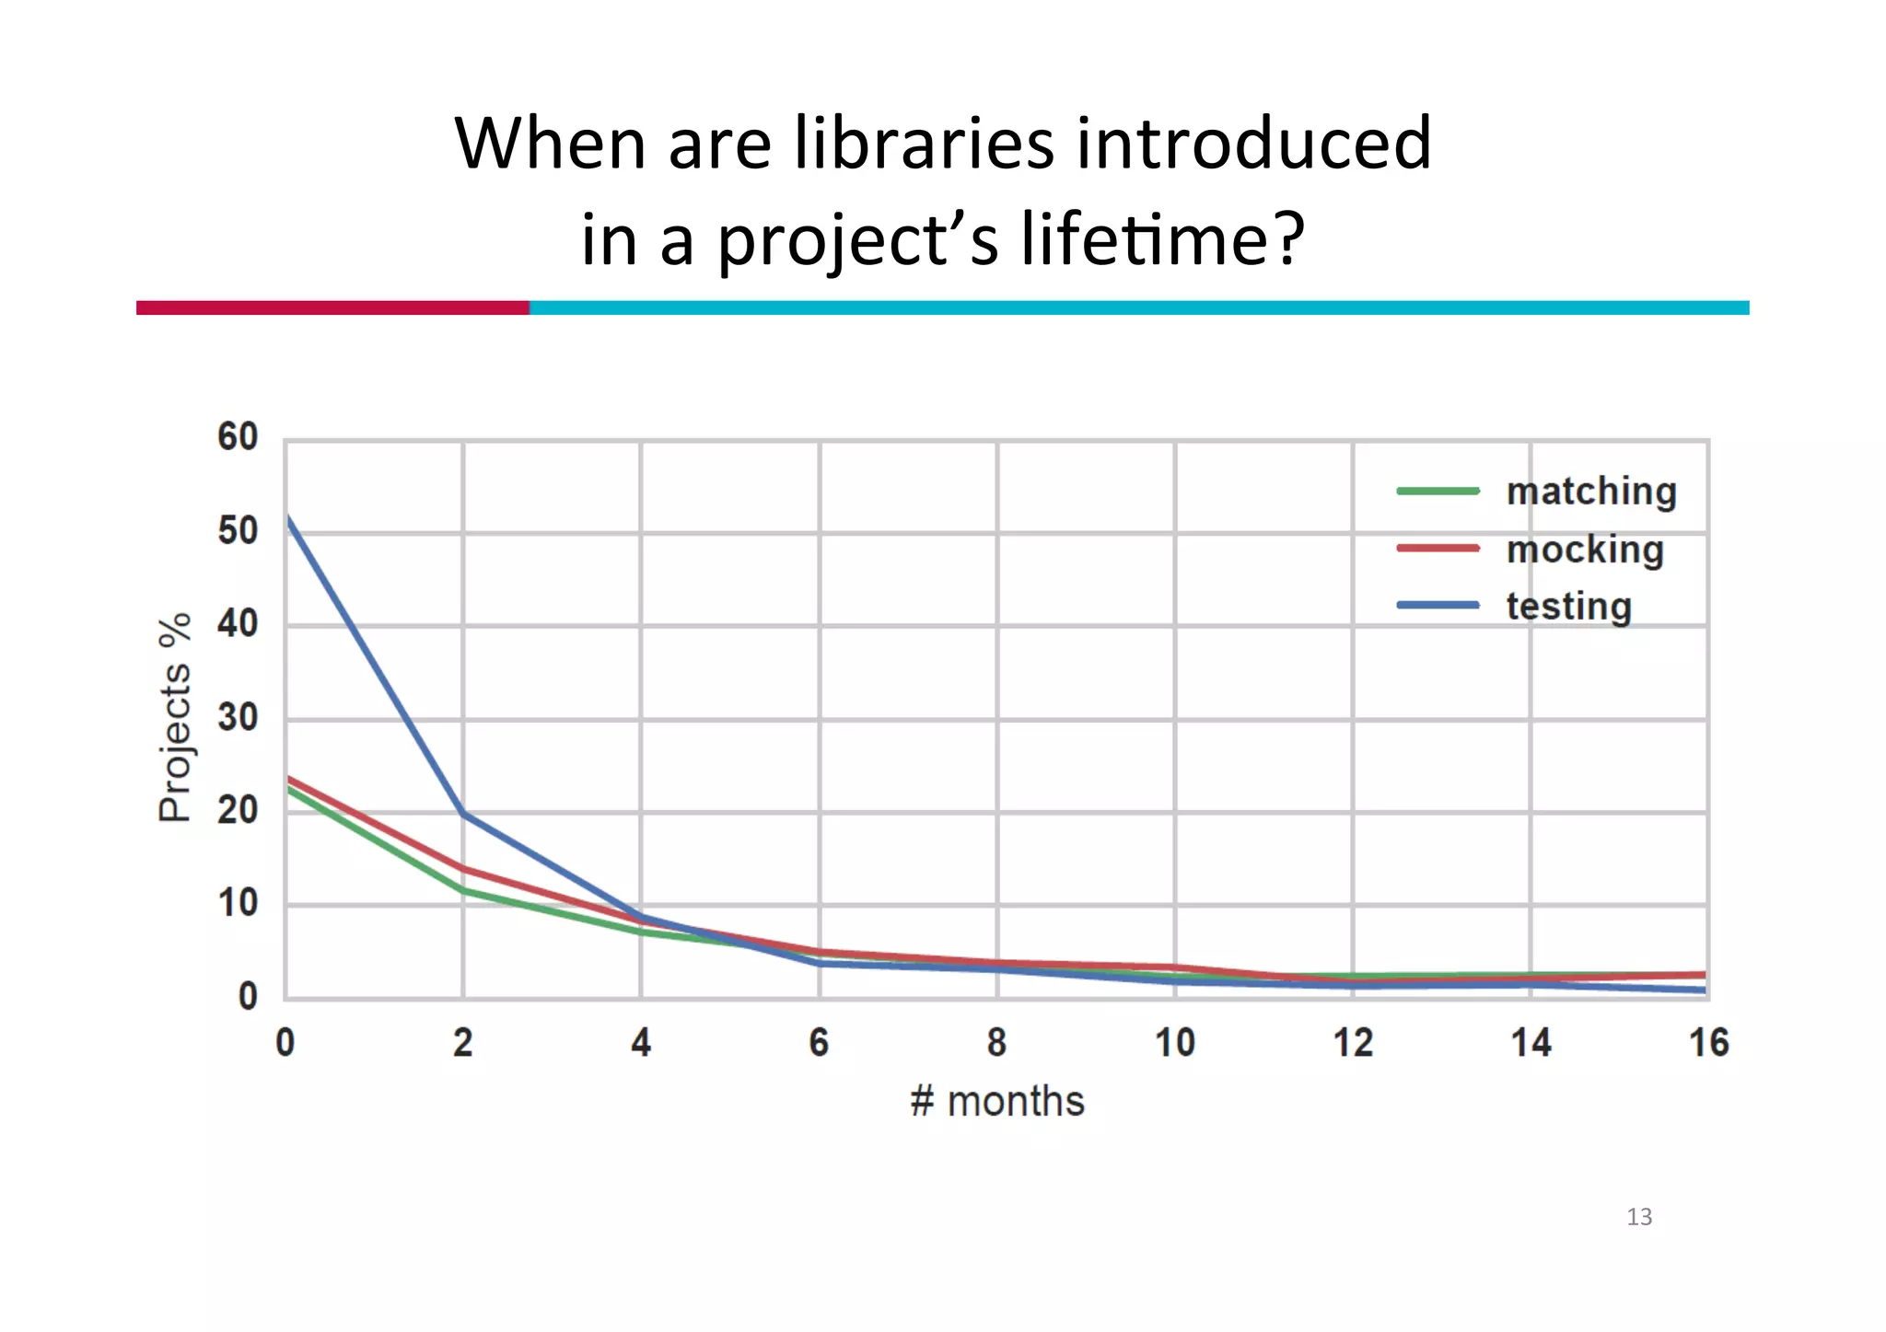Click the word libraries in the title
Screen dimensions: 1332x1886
tap(923, 145)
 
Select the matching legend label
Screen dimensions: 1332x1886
tap(1590, 492)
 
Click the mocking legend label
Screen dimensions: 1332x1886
tap(1585, 550)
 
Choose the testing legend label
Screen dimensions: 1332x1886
tap(1568, 607)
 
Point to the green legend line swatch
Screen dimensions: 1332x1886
tap(1438, 492)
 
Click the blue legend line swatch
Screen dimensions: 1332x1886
tap(1438, 606)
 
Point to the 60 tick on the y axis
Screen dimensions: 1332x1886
tap(238, 437)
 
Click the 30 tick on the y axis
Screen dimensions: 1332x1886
tap(238, 718)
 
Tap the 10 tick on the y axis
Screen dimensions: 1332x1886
tap(238, 904)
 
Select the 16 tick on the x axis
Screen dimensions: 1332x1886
tap(1708, 1043)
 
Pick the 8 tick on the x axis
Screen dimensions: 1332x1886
tap(996, 1043)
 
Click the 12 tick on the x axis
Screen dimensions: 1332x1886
tap(1353, 1043)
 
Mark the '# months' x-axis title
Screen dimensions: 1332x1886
tap(996, 1102)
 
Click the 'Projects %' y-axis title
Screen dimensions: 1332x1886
tap(175, 717)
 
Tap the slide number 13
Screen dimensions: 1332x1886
tap(1639, 1217)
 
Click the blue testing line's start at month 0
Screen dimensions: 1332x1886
tap(287, 518)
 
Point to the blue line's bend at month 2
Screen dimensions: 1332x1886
tap(463, 814)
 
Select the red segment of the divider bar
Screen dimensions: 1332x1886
tap(332, 307)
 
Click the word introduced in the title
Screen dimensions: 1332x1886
tap(1253, 145)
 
